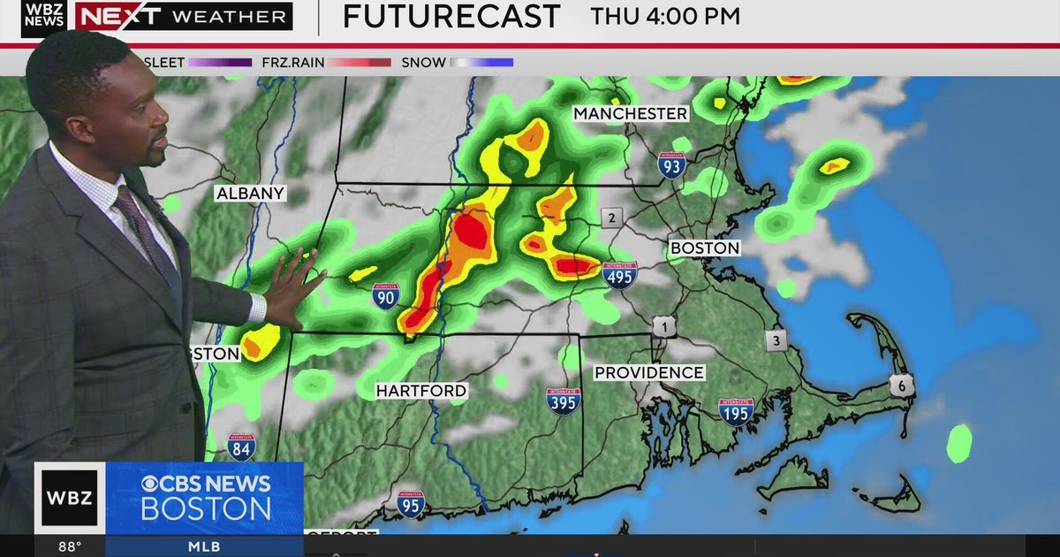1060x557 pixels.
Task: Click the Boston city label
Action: [704, 248]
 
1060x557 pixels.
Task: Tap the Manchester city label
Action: [630, 114]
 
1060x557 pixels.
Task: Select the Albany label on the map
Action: [250, 194]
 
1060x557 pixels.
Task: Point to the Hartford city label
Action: [421, 391]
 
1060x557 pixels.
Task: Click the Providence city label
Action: [649, 373]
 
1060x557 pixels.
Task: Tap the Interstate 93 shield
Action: [671, 164]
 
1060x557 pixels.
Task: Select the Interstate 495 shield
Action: [620, 275]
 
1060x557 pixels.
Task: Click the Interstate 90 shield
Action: [385, 296]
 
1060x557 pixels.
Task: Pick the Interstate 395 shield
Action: [563, 401]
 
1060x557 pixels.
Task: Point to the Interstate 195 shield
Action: [735, 411]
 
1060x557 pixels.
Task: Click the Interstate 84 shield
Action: [241, 447]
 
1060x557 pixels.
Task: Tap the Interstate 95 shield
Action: [410, 504]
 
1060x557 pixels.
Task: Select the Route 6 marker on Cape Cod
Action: [901, 385]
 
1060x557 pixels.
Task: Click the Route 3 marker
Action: [776, 340]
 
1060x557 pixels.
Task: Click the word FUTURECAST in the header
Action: [451, 16]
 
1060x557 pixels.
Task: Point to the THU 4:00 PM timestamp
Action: [666, 16]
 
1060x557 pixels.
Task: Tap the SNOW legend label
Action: [424, 63]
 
